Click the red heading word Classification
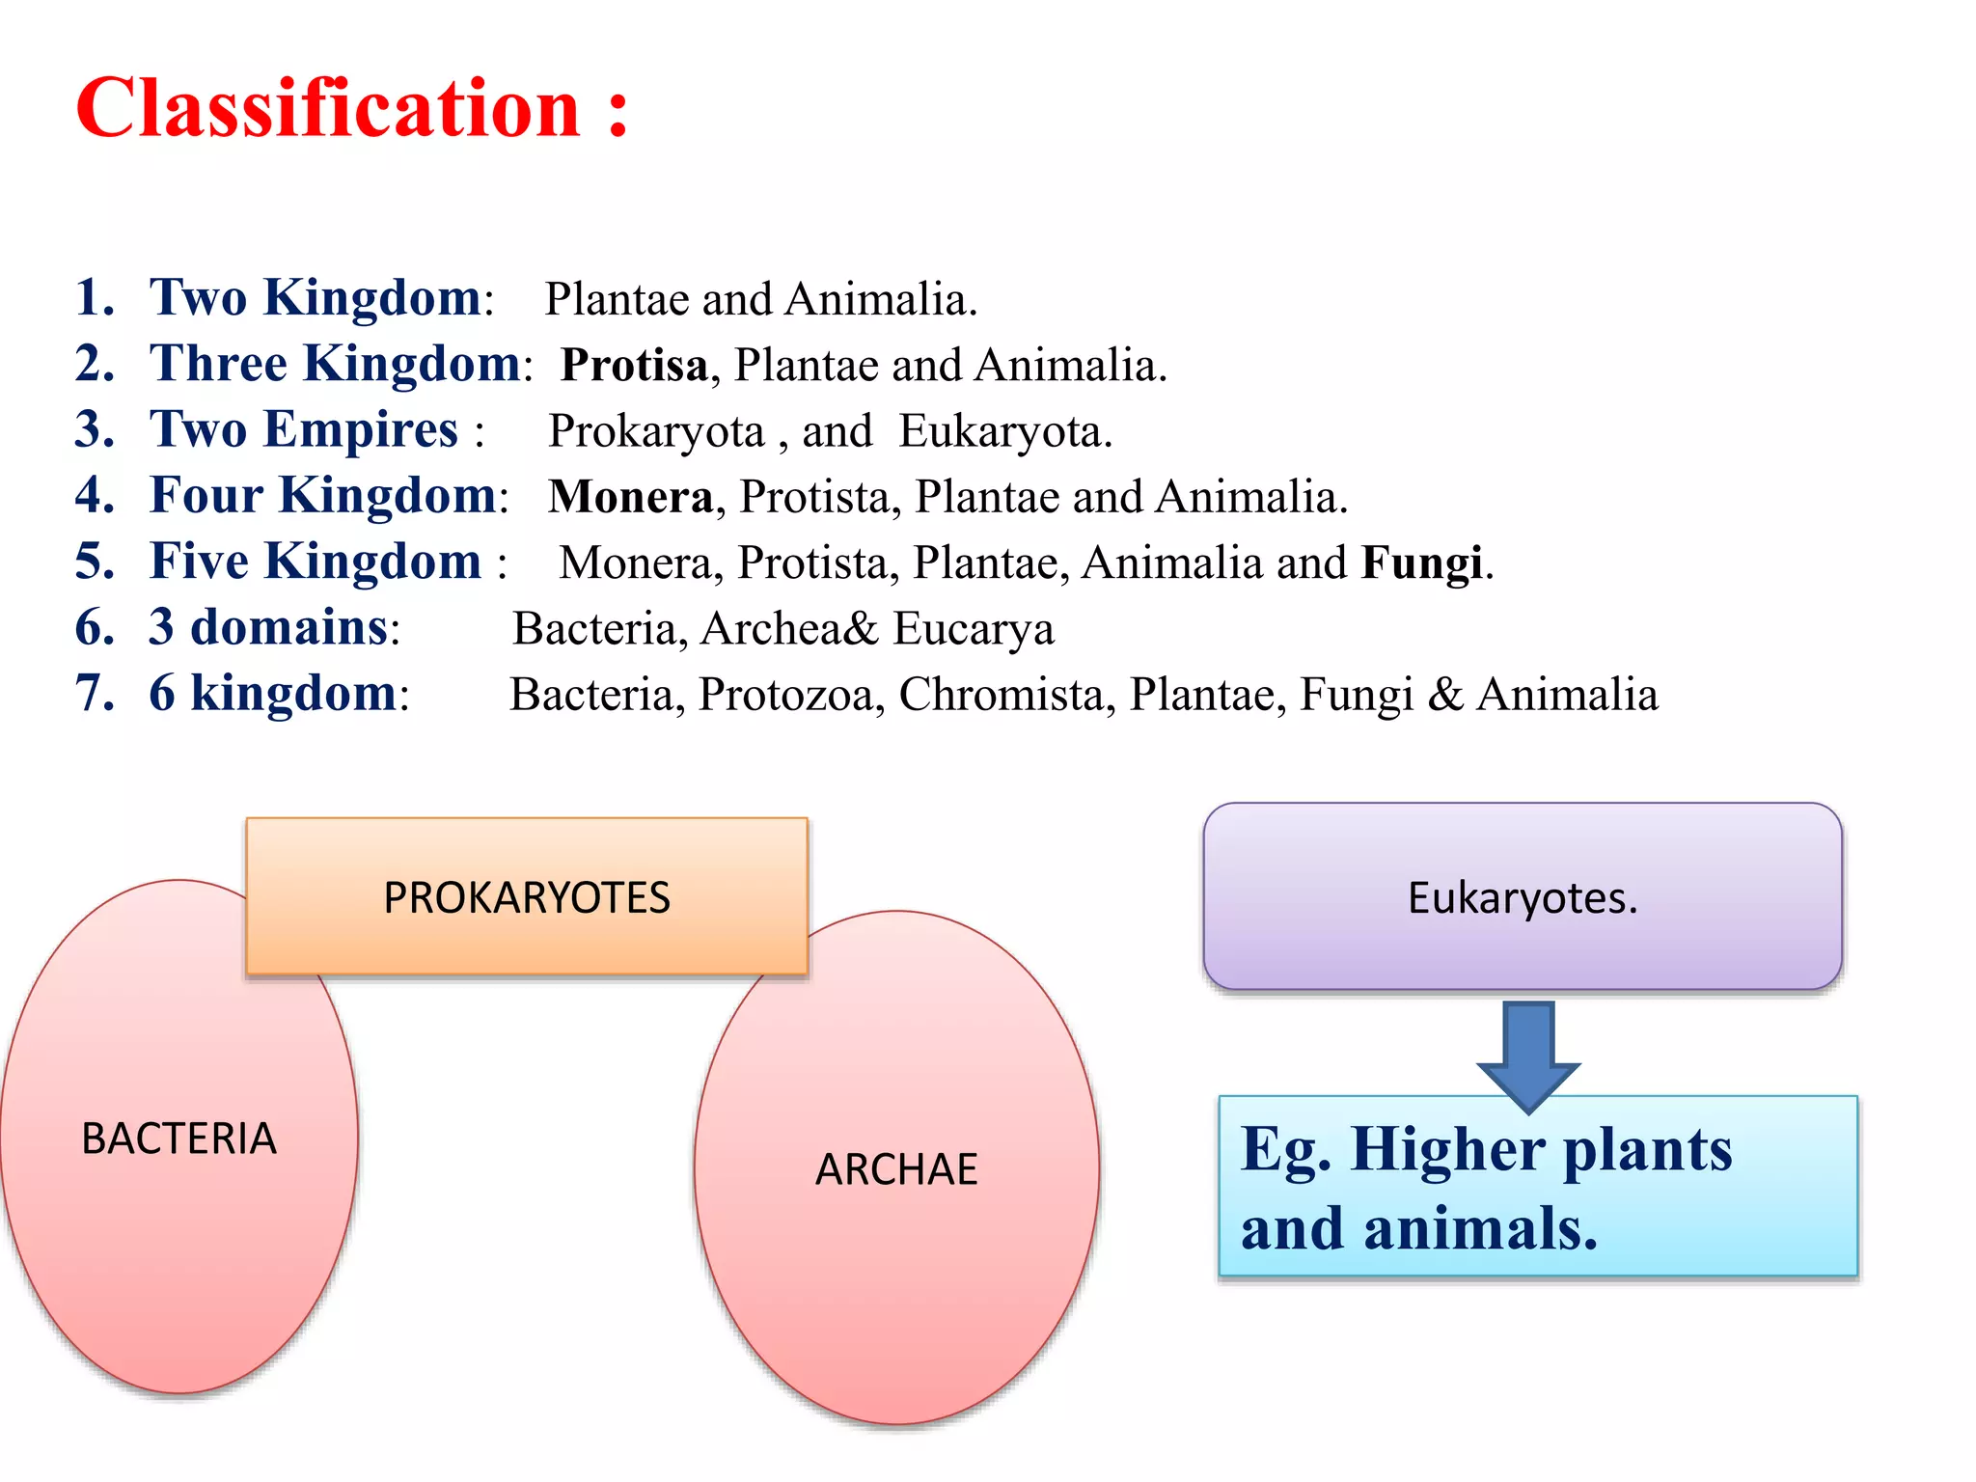328,108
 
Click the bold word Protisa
634,366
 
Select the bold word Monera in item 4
630,497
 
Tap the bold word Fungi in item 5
1421,563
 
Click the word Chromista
1001,695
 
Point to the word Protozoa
785,695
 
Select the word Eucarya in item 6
973,629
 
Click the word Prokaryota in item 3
656,431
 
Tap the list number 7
94,694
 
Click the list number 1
94,297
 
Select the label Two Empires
304,429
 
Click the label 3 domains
268,627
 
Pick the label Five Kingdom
315,562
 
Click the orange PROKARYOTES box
526,897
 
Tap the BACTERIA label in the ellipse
178,1139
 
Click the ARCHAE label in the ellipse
896,1169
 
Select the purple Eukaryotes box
1522,897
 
